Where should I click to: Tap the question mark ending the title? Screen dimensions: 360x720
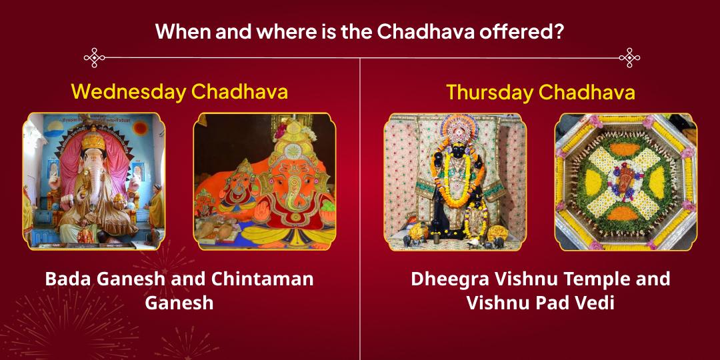coord(559,31)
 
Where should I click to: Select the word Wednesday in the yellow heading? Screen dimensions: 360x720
coord(128,91)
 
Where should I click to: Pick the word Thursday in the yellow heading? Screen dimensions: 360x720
coord(489,92)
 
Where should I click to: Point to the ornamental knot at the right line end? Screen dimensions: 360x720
coord(629,57)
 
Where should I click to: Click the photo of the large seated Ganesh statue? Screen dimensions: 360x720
coord(94,181)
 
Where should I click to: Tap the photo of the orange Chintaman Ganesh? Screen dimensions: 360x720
coord(265,181)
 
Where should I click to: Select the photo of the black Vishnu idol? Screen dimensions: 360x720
coord(455,181)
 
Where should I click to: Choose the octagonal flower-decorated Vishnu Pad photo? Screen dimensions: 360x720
coord(625,181)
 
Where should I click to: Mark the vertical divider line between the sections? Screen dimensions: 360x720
coord(360,200)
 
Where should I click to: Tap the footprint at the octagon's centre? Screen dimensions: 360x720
coord(625,181)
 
